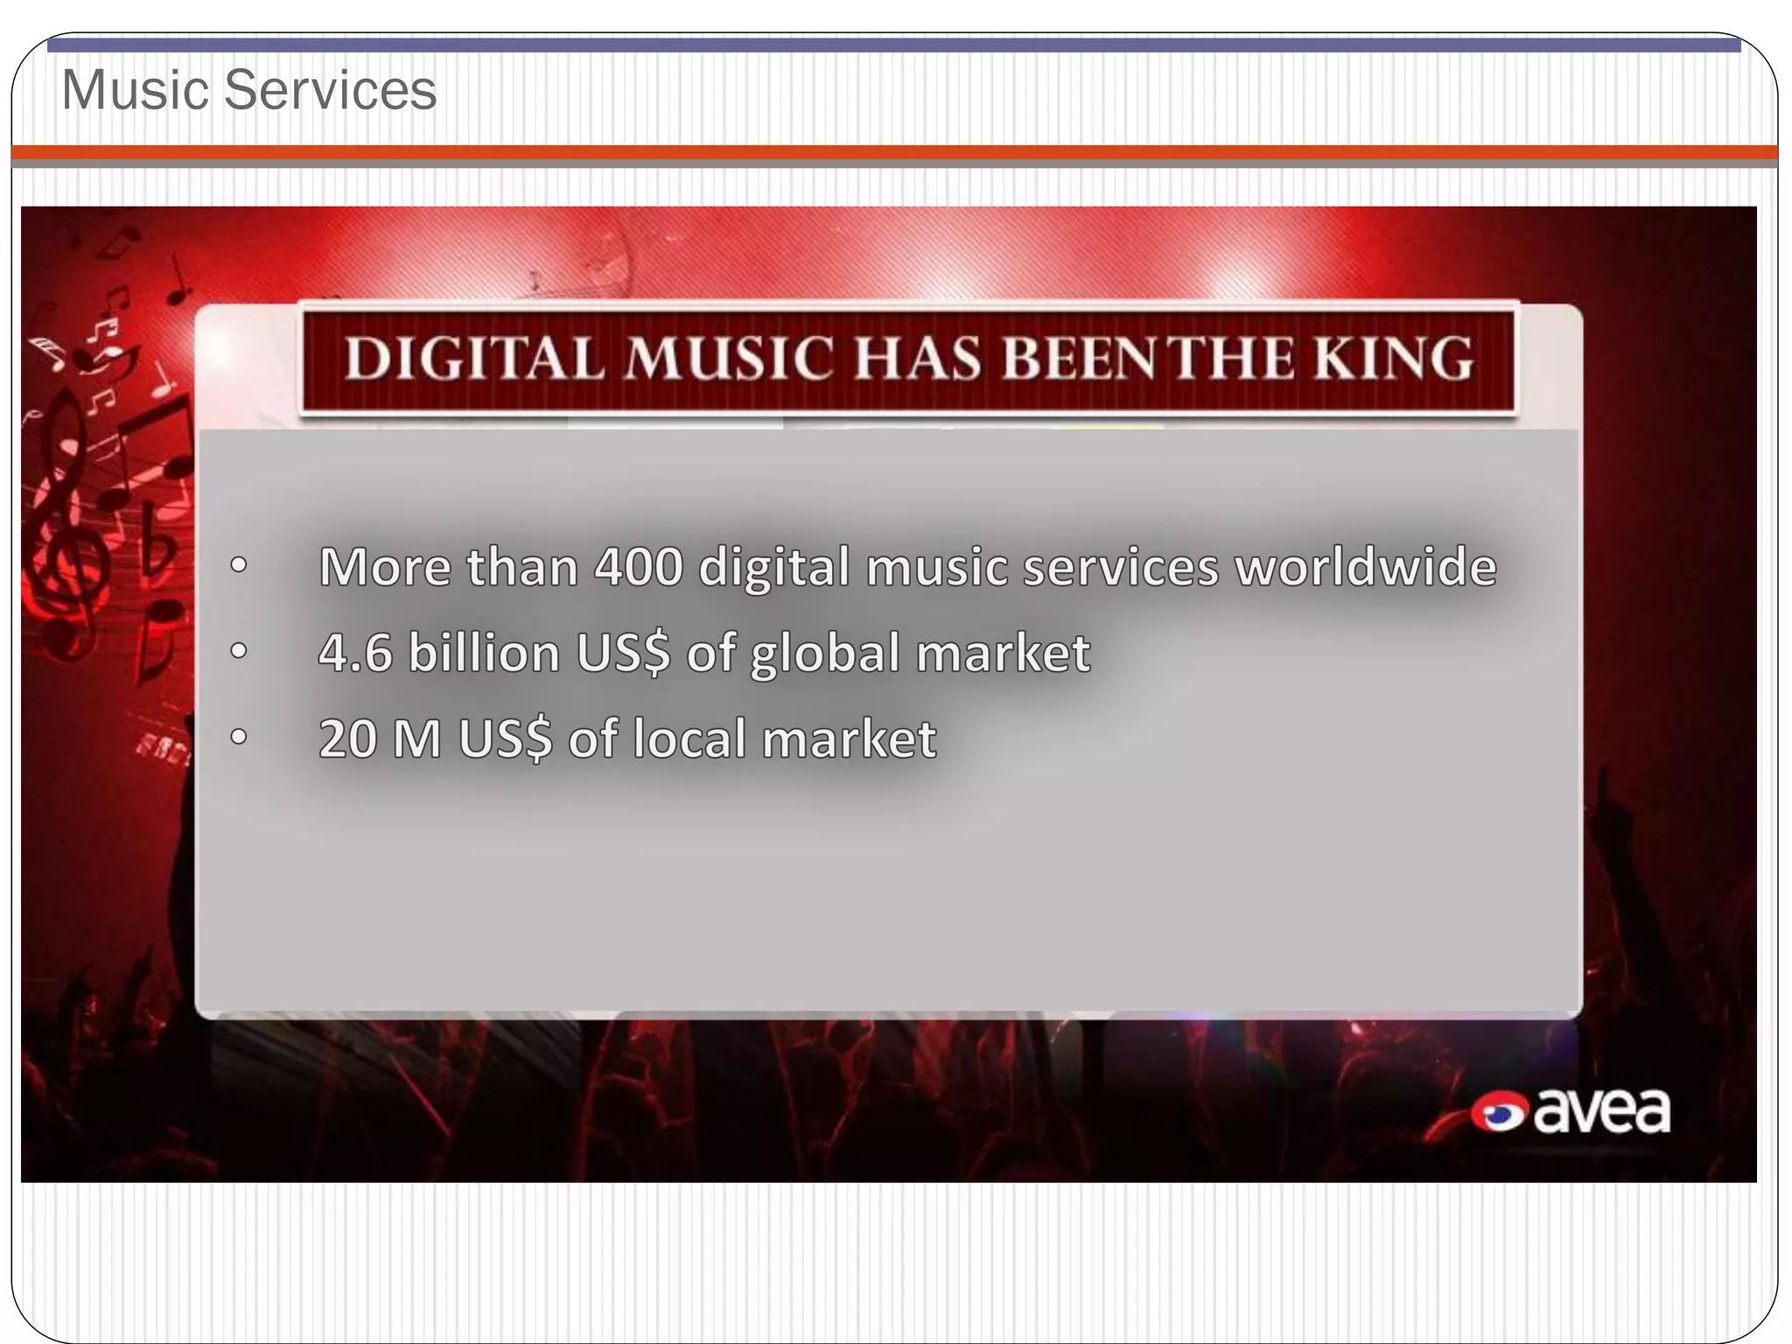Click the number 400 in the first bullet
[x=638, y=567]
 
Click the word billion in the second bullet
[x=484, y=653]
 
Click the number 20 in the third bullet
[x=347, y=738]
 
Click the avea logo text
[x=1601, y=1112]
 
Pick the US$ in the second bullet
[x=623, y=654]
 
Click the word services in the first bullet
[x=1121, y=567]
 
